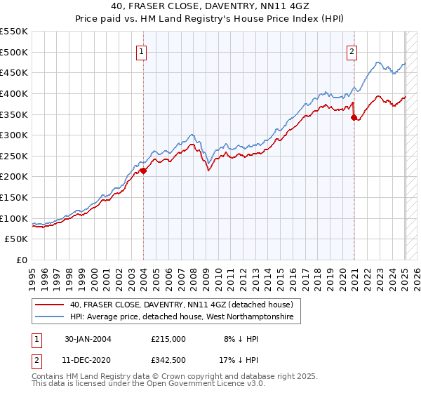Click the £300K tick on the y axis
14,135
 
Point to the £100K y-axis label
14,218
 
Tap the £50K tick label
17,239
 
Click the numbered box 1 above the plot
142,51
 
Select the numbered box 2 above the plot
351,51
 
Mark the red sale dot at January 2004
144,170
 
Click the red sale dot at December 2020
354,117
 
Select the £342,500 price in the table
168,360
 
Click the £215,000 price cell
168,339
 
